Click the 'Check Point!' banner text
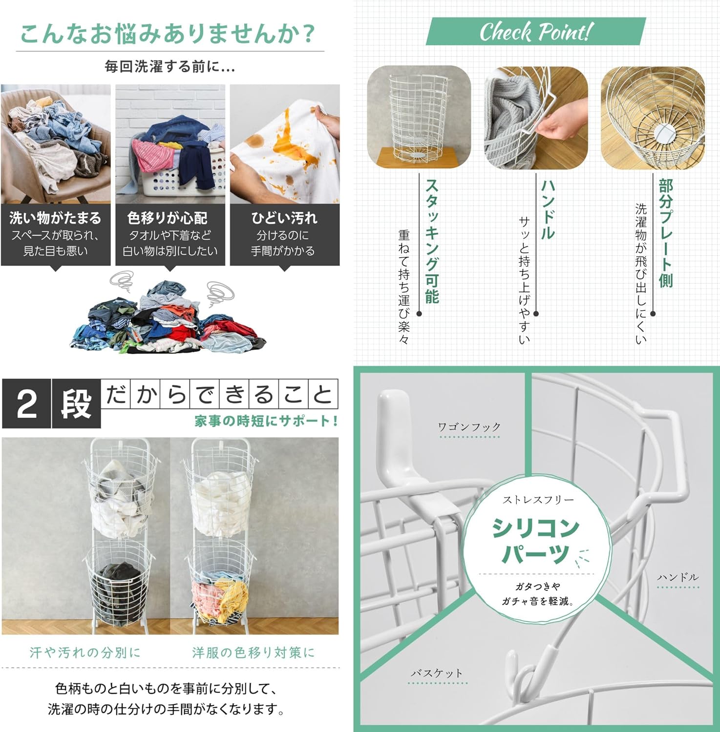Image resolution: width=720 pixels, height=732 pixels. pyautogui.click(x=535, y=32)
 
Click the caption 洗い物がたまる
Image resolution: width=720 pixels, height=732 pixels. pyautogui.click(x=55, y=218)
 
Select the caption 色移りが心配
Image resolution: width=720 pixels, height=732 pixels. pyautogui.click(x=167, y=218)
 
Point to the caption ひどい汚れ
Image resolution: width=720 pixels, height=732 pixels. pyautogui.click(x=284, y=218)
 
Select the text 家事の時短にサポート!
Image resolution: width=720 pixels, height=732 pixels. pyautogui.click(x=266, y=421)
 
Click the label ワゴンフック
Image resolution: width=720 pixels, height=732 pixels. pyautogui.click(x=469, y=427)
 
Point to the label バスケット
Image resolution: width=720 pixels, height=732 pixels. pyautogui.click(x=436, y=673)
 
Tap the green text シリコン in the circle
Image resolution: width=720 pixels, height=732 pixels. pyautogui.click(x=535, y=528)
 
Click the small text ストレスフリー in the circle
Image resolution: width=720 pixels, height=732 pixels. pyautogui.click(x=538, y=500)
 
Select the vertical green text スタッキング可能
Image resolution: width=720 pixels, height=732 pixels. pyautogui.click(x=432, y=241)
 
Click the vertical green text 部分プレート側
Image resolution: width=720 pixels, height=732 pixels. pyautogui.click(x=666, y=233)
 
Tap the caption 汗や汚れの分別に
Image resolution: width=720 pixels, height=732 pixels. pyautogui.click(x=85, y=652)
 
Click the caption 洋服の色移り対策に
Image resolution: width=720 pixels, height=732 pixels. pyautogui.click(x=253, y=652)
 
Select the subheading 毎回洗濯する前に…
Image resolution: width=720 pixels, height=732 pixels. pyautogui.click(x=170, y=66)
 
